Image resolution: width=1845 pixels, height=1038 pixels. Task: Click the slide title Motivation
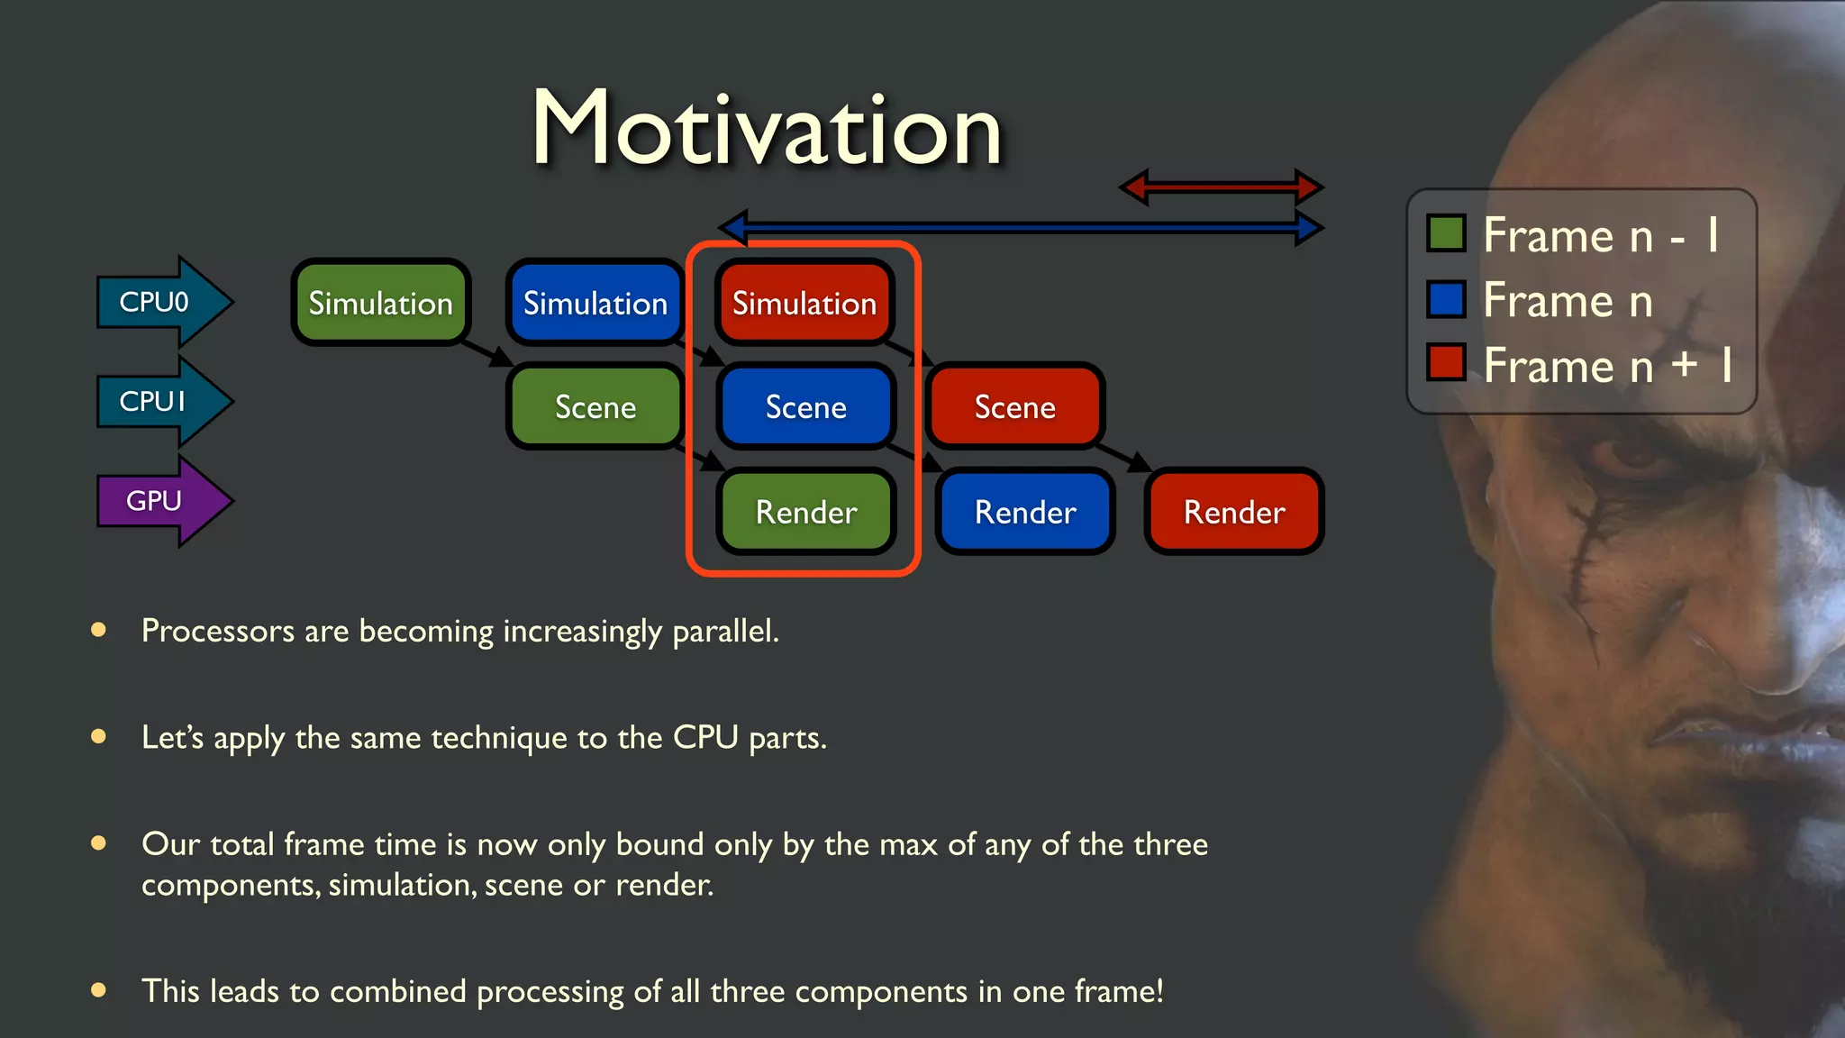click(767, 129)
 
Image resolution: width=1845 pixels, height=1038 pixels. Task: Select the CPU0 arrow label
click(155, 302)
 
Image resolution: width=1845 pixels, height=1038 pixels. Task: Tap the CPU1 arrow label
click(153, 401)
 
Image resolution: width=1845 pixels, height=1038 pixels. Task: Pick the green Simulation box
click(380, 303)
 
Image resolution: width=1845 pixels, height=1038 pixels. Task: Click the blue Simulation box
click(595, 303)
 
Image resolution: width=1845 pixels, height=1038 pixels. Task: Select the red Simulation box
click(804, 303)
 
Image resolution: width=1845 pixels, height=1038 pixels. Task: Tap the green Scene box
click(595, 407)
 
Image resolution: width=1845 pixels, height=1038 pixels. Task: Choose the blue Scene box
click(805, 407)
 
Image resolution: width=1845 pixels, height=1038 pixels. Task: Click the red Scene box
click(1014, 407)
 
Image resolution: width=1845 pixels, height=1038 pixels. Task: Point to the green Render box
click(805, 512)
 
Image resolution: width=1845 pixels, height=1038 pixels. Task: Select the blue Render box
click(1025, 512)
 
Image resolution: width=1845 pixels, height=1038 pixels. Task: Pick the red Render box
click(1233, 512)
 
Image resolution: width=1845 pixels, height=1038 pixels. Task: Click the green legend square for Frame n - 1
click(1446, 233)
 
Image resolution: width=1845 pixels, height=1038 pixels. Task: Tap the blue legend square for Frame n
click(1446, 299)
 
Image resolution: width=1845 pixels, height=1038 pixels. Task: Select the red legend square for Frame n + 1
click(1446, 363)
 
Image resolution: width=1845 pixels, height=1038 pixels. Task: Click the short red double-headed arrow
click(1221, 187)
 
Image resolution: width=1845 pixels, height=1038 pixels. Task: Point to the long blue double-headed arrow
click(1021, 227)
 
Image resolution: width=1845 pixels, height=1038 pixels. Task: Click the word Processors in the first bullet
click(217, 631)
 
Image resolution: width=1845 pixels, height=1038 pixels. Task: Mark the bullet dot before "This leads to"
click(99, 990)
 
